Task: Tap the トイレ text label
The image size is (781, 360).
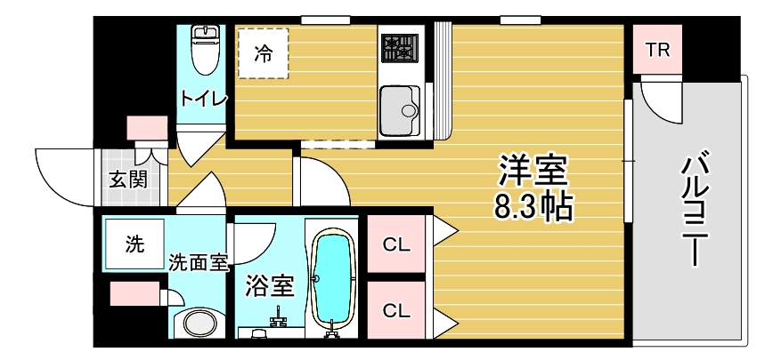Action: (204, 98)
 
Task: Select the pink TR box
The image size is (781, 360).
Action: (657, 49)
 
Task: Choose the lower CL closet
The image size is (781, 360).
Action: (396, 310)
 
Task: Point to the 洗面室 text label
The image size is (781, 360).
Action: (198, 262)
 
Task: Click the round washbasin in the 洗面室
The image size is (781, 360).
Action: (198, 324)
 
